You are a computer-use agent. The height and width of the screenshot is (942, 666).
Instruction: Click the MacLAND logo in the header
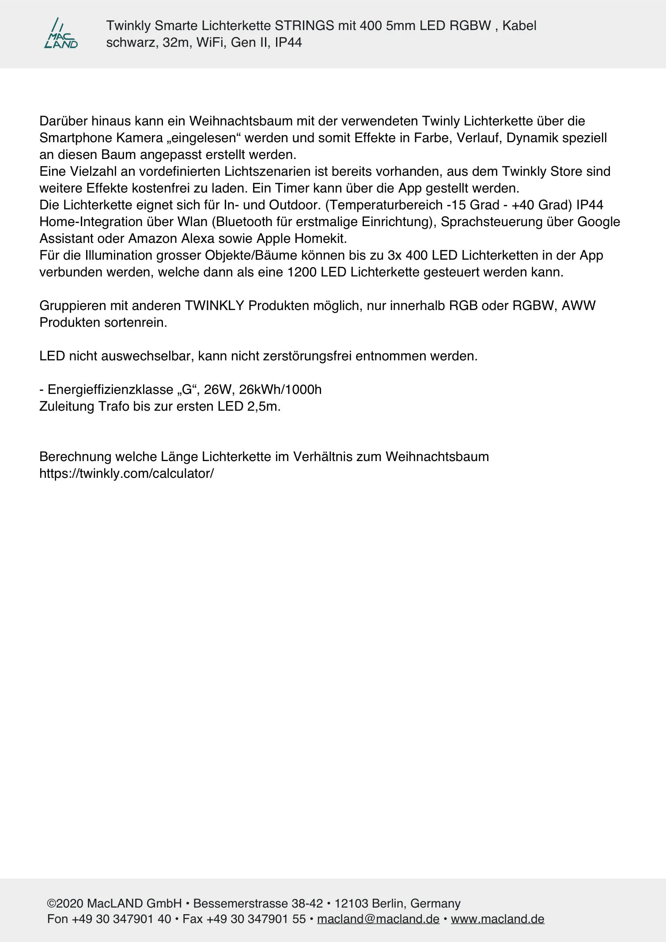coord(61,34)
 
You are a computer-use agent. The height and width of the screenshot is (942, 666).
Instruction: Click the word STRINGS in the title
coord(304,26)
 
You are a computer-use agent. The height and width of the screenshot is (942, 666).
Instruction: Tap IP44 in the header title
coord(288,42)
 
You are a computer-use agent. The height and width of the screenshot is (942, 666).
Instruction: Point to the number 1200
coord(302,272)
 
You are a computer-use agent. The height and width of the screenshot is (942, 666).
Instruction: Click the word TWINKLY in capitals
coord(214,306)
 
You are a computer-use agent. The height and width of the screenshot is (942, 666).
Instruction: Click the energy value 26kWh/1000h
coord(280,390)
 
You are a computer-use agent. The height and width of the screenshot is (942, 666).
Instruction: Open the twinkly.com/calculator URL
coord(126,473)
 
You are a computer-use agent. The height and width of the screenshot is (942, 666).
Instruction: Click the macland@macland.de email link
coord(378,919)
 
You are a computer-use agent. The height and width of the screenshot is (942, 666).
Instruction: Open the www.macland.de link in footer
coord(497,919)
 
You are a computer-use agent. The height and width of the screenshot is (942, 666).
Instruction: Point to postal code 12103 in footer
coord(351,904)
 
